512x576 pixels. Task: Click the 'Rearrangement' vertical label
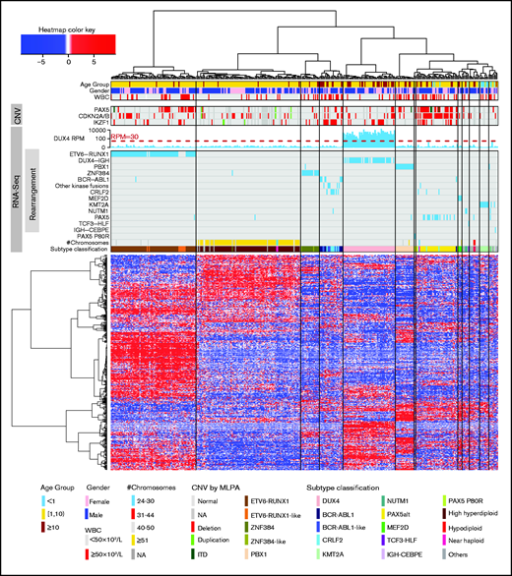[x=32, y=193]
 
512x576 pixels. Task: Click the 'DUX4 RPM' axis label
[x=77, y=137]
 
